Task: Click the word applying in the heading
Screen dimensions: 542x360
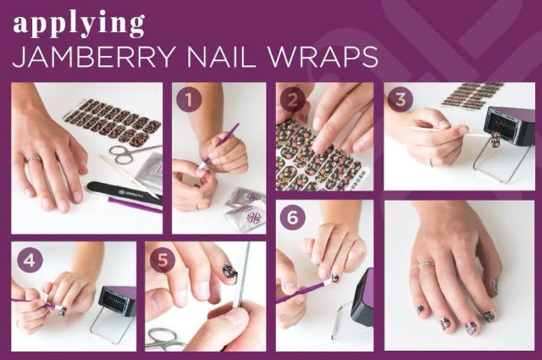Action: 79,25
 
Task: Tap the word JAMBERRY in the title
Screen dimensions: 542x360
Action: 92,57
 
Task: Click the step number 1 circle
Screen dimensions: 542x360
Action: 189,100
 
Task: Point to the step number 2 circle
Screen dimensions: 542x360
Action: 292,100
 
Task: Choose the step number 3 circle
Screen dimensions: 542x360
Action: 401,100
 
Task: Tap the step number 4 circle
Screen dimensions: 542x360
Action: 30,260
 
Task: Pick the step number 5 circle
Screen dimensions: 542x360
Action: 163,260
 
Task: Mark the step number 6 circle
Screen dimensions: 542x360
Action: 292,219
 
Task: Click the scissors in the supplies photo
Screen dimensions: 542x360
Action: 129,152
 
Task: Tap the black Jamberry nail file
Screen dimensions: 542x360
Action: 124,195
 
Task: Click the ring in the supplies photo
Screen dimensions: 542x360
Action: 35,159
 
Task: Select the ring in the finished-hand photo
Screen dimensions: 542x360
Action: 426,264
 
